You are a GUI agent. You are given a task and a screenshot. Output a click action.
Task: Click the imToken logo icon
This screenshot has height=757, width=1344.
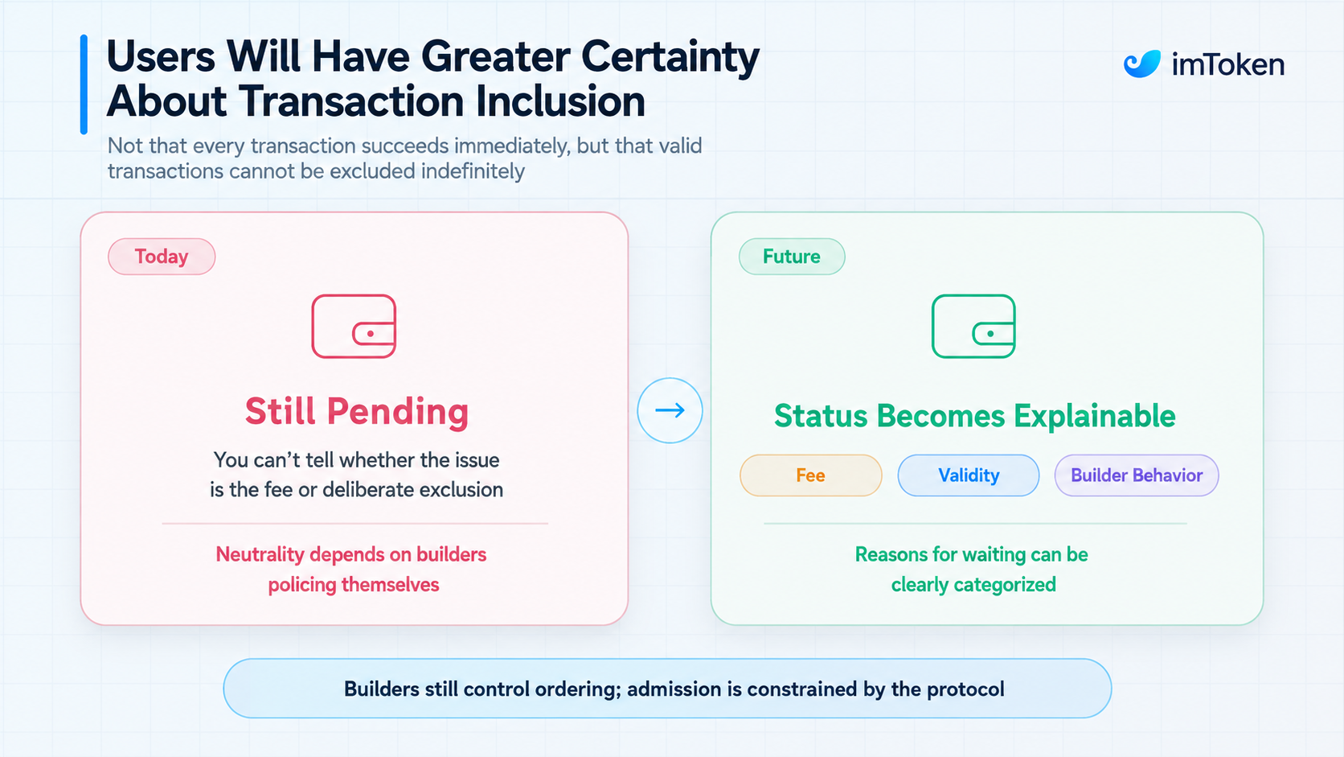point(1141,64)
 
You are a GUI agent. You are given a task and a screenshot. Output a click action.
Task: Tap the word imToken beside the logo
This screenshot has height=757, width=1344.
point(1228,64)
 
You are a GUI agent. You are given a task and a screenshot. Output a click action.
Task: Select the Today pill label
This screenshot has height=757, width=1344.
point(162,257)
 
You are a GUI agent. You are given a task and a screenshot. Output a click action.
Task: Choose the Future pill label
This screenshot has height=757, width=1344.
point(792,257)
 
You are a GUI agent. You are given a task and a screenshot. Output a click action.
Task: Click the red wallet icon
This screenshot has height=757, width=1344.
point(354,326)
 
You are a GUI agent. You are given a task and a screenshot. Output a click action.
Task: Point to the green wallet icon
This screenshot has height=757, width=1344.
point(973,326)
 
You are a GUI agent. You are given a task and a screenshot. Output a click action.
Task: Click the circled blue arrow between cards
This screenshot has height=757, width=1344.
point(670,410)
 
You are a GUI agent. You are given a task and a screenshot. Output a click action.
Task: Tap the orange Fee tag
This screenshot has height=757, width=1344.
point(810,475)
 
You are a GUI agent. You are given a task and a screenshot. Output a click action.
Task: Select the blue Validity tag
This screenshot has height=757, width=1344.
point(969,475)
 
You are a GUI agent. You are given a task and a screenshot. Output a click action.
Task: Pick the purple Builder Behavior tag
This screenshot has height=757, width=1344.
point(1137,475)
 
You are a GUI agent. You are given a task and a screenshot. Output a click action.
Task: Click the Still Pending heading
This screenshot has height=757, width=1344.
point(356,412)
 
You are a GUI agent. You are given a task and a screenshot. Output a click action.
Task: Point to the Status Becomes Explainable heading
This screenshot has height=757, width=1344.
point(974,415)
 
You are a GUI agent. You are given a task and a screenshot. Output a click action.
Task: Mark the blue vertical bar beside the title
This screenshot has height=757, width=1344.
point(84,84)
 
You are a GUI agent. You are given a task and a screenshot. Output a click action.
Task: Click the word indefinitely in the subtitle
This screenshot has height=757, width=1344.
point(473,171)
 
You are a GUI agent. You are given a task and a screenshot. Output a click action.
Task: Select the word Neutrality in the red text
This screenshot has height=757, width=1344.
point(260,555)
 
